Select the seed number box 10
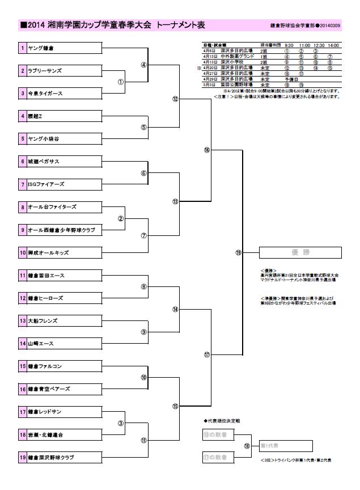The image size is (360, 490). (x=22, y=252)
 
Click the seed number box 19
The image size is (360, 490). (x=22, y=457)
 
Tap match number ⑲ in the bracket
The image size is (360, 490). (x=238, y=253)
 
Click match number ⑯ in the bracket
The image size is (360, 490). (x=206, y=150)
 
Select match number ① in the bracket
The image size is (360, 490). (x=120, y=82)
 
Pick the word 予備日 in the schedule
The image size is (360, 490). (x=292, y=79)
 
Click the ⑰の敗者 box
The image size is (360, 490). (x=215, y=457)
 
